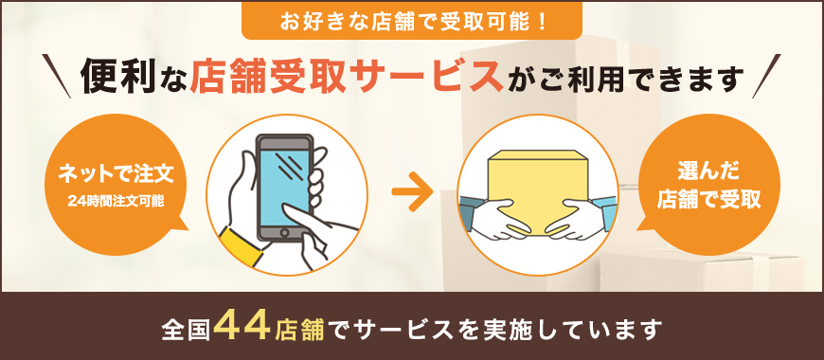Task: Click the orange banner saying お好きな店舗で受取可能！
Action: [x=411, y=20]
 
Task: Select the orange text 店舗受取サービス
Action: [x=345, y=77]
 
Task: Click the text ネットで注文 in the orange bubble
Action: [x=116, y=175]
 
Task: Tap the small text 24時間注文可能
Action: [x=116, y=202]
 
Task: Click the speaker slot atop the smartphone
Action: [x=284, y=143]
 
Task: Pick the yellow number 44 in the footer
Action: [x=243, y=328]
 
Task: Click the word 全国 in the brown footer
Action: [x=186, y=330]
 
